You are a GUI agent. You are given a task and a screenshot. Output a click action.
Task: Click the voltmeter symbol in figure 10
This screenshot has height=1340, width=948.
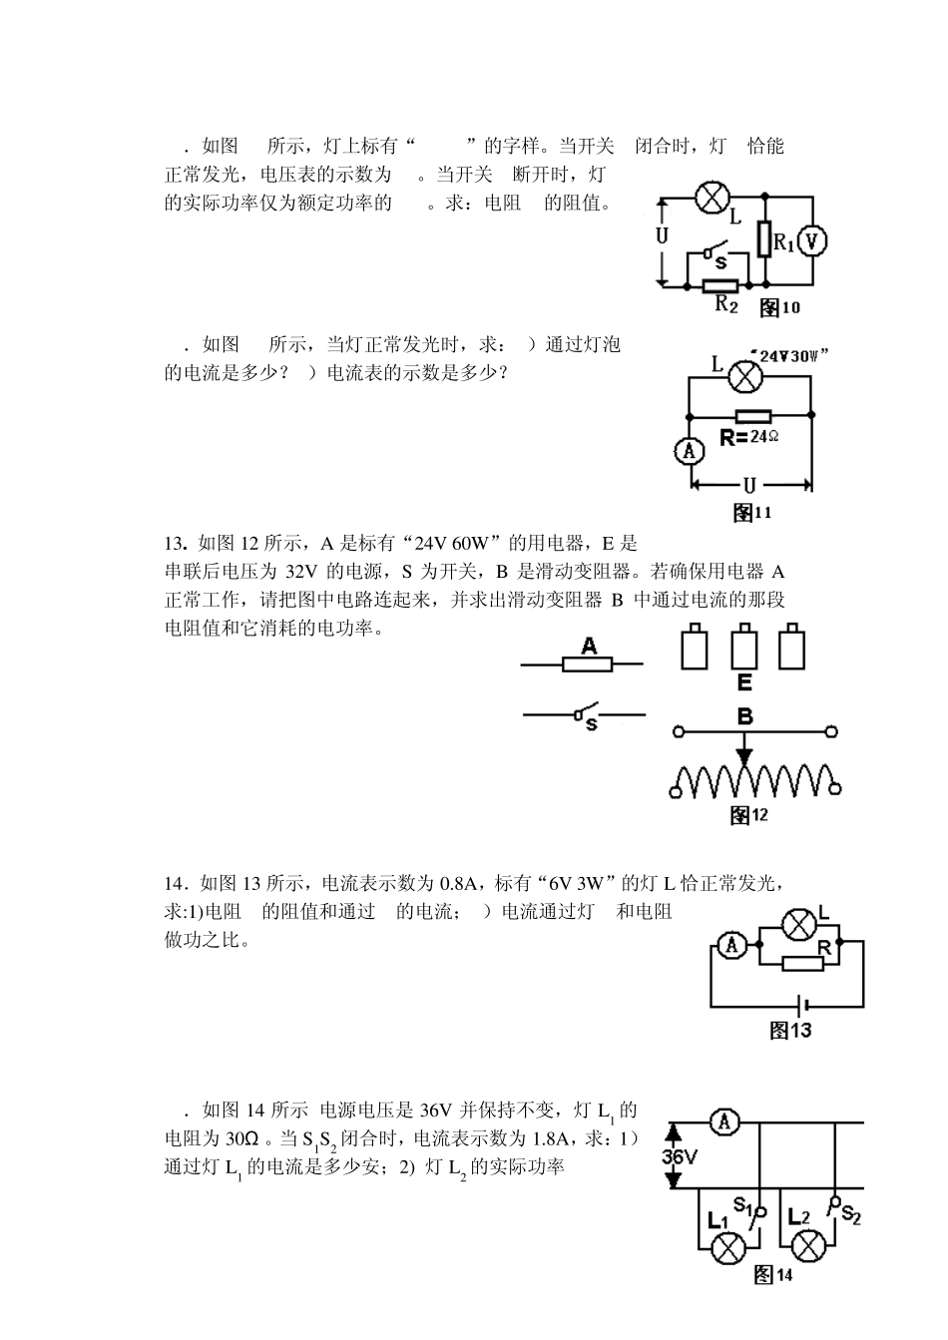[812, 240]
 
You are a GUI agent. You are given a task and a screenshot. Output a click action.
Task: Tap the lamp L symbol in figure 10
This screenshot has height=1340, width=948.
[712, 197]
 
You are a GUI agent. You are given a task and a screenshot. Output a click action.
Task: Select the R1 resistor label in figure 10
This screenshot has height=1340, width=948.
[783, 242]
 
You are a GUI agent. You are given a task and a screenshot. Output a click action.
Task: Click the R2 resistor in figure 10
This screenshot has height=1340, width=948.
[719, 286]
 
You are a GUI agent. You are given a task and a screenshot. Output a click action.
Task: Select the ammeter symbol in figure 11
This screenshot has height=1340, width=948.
[689, 451]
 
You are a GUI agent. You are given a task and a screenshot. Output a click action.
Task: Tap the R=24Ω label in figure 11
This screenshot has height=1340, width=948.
[749, 437]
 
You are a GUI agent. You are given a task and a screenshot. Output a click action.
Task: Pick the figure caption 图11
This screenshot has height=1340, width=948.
[751, 512]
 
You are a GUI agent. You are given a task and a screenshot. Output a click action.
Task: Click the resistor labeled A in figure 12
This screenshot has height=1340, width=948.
[588, 665]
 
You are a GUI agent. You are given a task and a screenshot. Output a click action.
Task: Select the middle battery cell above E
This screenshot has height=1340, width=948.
[744, 647]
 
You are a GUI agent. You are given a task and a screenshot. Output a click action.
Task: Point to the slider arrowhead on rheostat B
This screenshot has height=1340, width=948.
[744, 756]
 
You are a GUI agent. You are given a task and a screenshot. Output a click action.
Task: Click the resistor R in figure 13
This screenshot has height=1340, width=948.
[802, 963]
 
